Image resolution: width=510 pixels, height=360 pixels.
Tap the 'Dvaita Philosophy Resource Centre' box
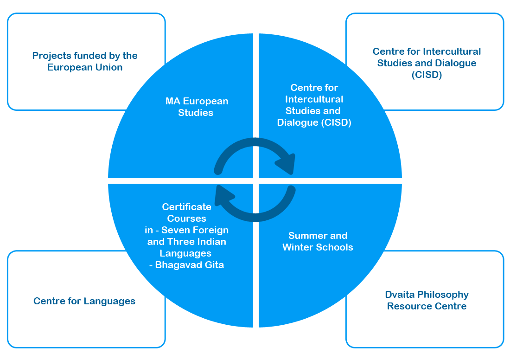[x=427, y=300]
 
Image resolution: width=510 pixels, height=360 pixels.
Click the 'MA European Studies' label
[x=197, y=107]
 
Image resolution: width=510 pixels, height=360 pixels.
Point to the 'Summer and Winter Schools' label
[x=318, y=241]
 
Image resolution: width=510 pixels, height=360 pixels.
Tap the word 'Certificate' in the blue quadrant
[x=186, y=207]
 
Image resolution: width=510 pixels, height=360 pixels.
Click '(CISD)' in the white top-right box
[x=427, y=75]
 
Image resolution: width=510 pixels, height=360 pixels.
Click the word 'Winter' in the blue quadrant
[x=299, y=247]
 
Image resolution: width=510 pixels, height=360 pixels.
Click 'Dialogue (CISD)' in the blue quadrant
[x=314, y=122]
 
